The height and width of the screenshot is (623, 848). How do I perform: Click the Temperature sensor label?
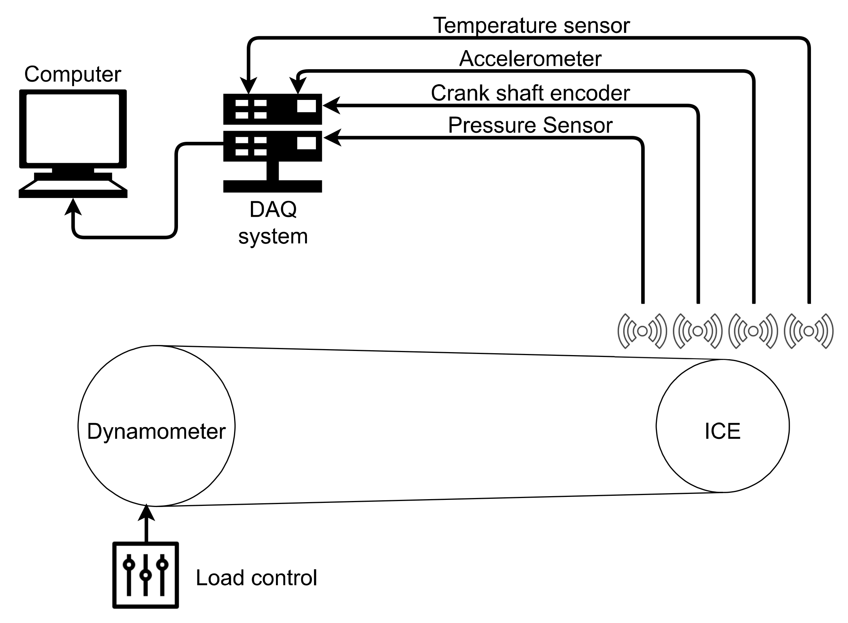pyautogui.click(x=531, y=26)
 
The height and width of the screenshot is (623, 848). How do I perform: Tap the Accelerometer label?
pyautogui.click(x=530, y=59)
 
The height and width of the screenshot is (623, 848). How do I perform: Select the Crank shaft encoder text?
pyautogui.click(x=530, y=93)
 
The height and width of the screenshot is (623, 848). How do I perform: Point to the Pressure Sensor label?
pyautogui.click(x=530, y=125)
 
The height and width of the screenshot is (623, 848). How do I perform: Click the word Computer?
pyautogui.click(x=73, y=74)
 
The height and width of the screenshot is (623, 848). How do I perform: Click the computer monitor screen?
pyautogui.click(x=73, y=128)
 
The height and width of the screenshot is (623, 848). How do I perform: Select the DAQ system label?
pyautogui.click(x=273, y=223)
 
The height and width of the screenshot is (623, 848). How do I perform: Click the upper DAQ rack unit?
pyautogui.click(x=272, y=109)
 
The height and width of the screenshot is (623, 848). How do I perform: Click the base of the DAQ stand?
pyautogui.click(x=272, y=186)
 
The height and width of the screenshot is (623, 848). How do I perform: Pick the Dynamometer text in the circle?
pyautogui.click(x=156, y=431)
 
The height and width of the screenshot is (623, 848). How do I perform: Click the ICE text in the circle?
pyautogui.click(x=722, y=431)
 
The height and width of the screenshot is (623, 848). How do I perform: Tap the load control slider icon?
pyautogui.click(x=145, y=575)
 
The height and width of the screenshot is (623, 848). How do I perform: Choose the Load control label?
pyautogui.click(x=256, y=578)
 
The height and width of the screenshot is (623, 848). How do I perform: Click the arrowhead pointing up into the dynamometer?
pyautogui.click(x=146, y=514)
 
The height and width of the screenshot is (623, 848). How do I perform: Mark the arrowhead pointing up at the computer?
pyautogui.click(x=73, y=207)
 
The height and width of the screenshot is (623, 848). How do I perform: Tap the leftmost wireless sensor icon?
pyautogui.click(x=642, y=331)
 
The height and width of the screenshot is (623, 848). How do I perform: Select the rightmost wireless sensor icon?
pyautogui.click(x=808, y=331)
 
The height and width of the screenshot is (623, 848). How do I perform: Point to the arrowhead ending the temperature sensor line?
pyautogui.click(x=249, y=86)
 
